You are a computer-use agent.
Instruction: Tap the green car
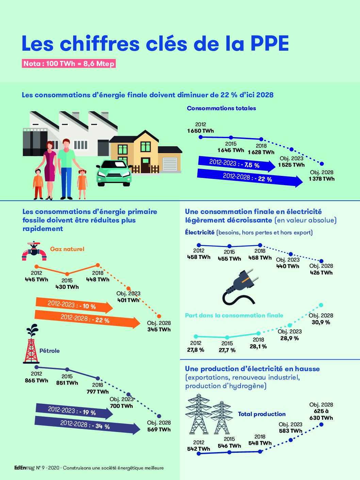pyautogui.click(x=114, y=173)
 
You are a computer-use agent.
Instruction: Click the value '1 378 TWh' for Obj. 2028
pyautogui.click(x=322, y=179)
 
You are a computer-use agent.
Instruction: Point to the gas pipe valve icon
pyautogui.click(x=34, y=251)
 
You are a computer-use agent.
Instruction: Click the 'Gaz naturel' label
pyautogui.click(x=67, y=249)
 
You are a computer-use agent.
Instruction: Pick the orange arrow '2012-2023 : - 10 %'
pyautogui.click(x=74, y=305)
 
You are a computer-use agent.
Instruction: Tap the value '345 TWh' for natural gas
pyautogui.click(x=159, y=330)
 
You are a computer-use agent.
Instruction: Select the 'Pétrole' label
pyautogui.click(x=49, y=351)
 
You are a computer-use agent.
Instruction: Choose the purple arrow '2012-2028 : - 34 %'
pyautogui.click(x=87, y=425)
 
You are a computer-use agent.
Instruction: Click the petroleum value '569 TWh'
pyautogui.click(x=159, y=430)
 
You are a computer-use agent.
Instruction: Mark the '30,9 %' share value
pyautogui.click(x=321, y=322)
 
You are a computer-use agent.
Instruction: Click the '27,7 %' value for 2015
pyautogui.click(x=227, y=350)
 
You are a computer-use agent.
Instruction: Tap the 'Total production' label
pyautogui.click(x=262, y=414)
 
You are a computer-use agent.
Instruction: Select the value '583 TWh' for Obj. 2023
pyautogui.click(x=291, y=431)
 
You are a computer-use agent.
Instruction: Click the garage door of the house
pyautogui.click(x=170, y=164)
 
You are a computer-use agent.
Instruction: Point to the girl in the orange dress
pyautogui.click(x=82, y=184)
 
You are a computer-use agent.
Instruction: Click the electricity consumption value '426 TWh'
pyautogui.click(x=321, y=273)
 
